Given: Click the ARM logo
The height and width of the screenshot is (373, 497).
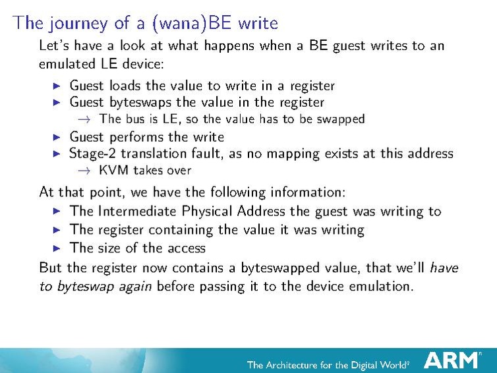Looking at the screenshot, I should (x=452, y=360).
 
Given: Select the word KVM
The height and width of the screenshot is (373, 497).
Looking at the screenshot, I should (x=112, y=170).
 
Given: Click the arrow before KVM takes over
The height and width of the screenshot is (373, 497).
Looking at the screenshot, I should (x=82, y=170).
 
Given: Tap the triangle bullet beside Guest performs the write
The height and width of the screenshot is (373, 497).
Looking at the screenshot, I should (x=57, y=137).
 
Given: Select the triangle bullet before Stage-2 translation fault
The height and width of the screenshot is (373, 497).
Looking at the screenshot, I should (x=57, y=154).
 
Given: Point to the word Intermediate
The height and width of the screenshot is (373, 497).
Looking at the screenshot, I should (x=140, y=212).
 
